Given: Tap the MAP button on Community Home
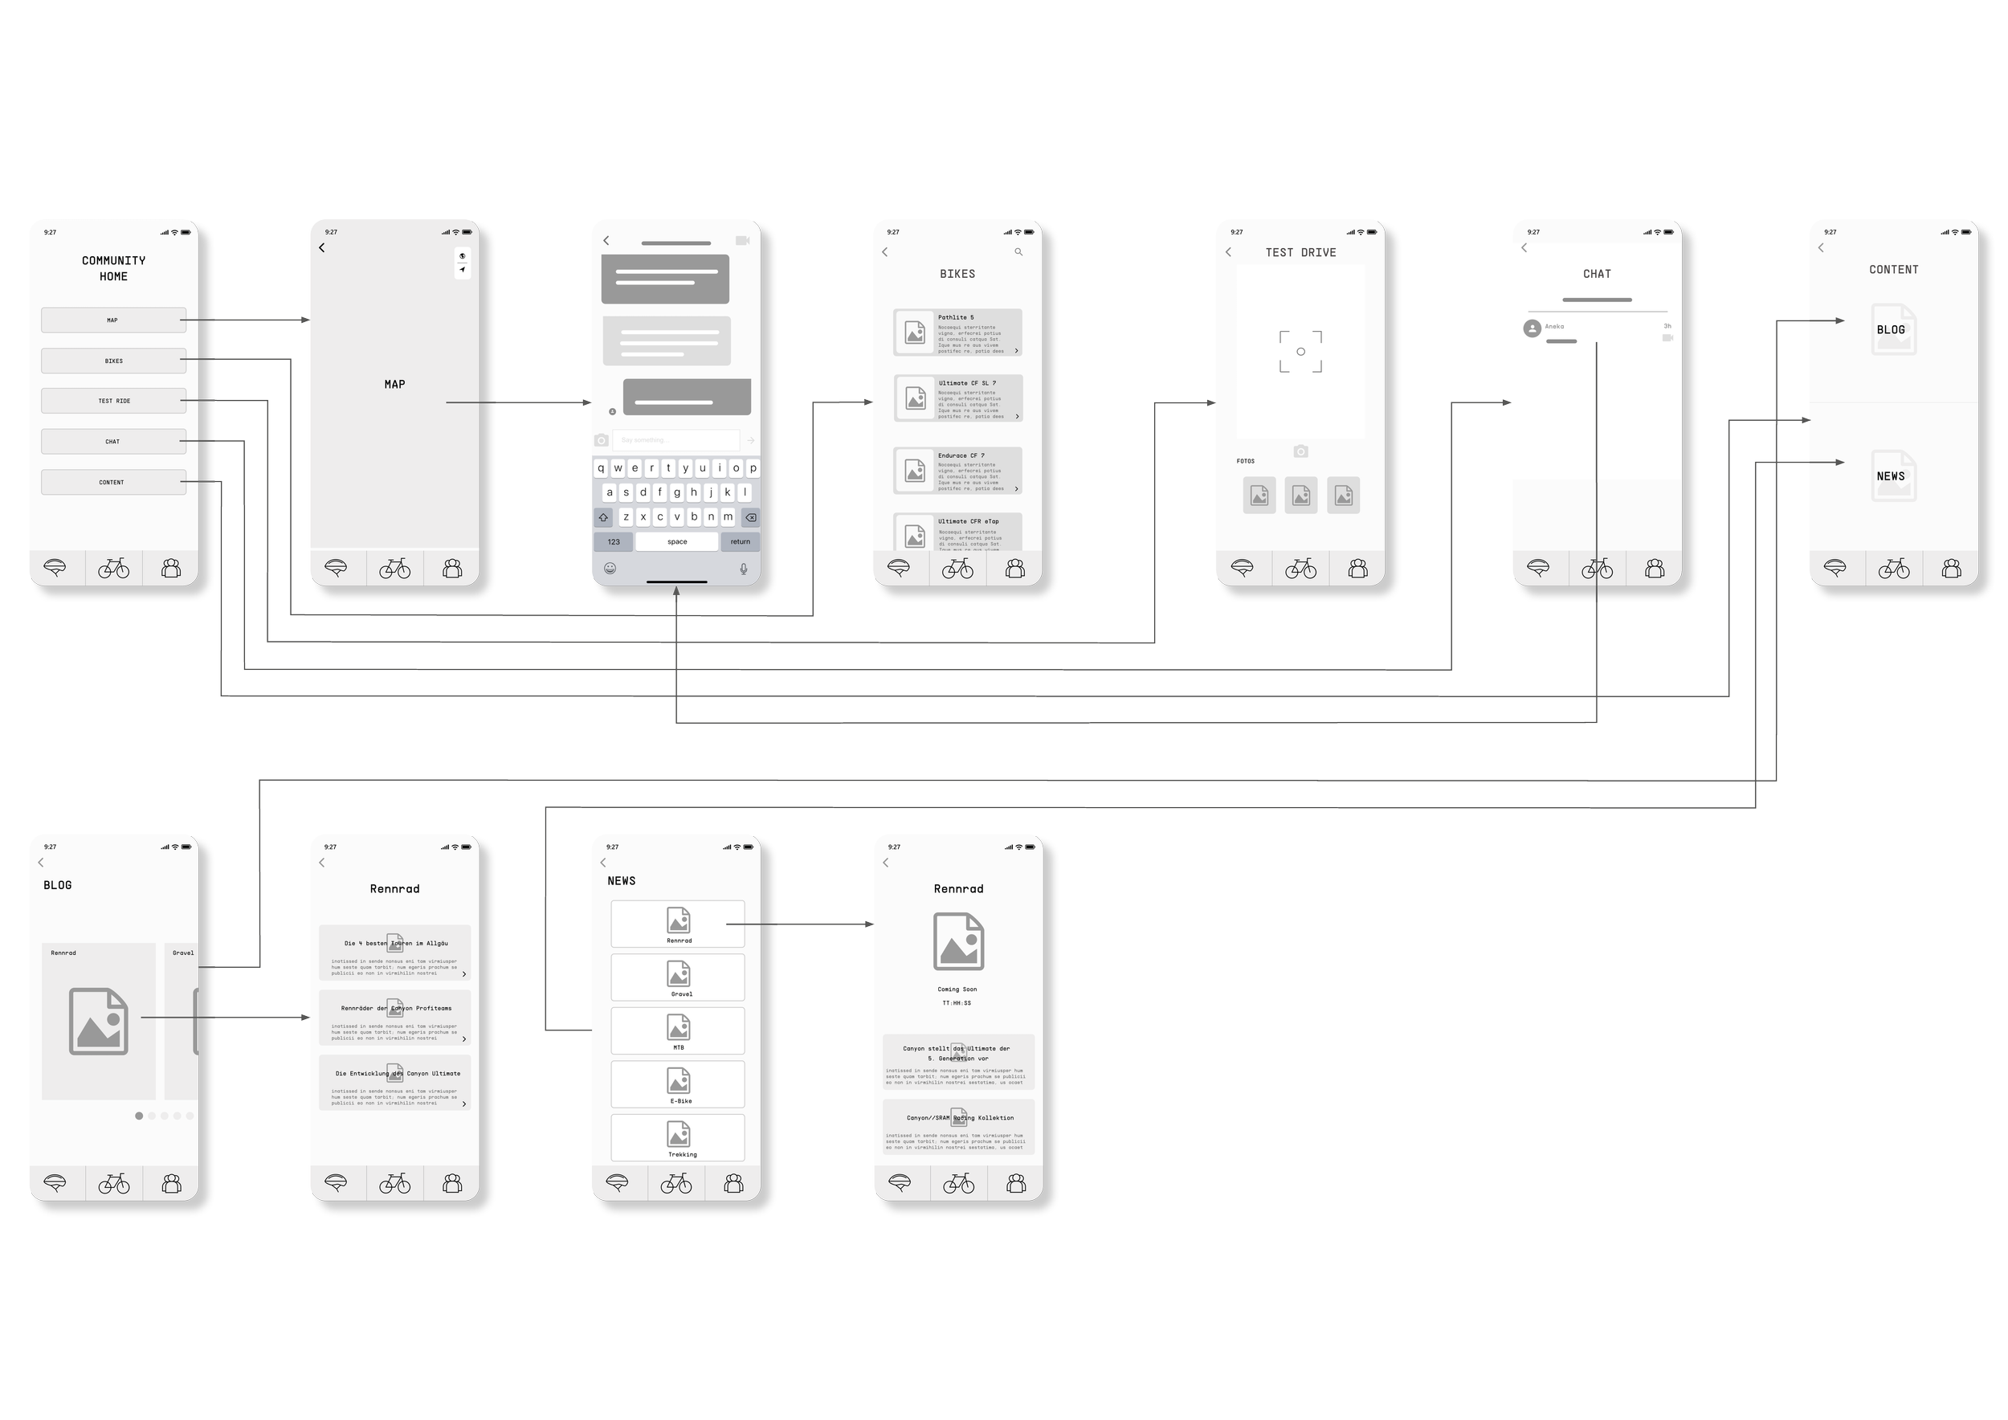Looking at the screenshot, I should pos(112,320).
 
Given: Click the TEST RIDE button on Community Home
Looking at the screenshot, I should pos(112,401).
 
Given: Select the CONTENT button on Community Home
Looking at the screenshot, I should pos(112,482).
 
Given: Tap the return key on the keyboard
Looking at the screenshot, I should pos(740,542).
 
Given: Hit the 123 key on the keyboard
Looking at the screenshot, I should pos(613,542).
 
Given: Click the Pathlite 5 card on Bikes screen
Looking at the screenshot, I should pos(957,333).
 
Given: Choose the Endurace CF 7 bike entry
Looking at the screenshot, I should pos(957,471).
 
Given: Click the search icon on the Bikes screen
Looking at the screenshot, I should pos(1018,252).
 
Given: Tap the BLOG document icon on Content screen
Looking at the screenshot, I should pos(1892,328).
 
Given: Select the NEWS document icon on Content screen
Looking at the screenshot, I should pos(1892,475).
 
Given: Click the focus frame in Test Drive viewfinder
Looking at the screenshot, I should pos(1300,352).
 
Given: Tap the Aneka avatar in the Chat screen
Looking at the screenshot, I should pos(1532,328).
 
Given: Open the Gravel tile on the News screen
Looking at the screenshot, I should pos(678,977).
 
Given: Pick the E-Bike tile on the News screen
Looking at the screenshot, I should pos(678,1084).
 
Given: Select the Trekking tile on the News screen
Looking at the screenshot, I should pos(678,1137).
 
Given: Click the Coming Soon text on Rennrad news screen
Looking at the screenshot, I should pos(957,990).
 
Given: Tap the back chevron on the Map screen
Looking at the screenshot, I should pos(322,248).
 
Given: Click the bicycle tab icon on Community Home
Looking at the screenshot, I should pos(114,569).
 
